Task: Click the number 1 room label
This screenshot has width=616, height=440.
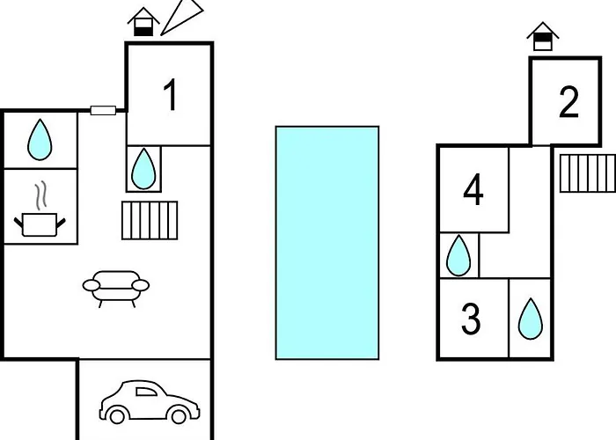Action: click(171, 95)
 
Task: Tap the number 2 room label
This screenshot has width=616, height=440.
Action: click(568, 102)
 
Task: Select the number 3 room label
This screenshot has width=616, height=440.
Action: click(471, 319)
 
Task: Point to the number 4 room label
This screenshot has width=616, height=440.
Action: click(473, 190)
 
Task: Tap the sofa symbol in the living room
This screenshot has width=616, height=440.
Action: click(116, 289)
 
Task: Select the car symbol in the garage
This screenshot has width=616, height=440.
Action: click(150, 402)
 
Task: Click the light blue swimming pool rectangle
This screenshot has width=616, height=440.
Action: click(327, 243)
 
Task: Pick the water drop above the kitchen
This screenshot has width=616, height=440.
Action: click(40, 140)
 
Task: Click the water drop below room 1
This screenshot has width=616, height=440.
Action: click(143, 169)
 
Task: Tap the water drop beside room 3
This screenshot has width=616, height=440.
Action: click(531, 319)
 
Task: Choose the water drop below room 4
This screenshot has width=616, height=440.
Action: click(458, 255)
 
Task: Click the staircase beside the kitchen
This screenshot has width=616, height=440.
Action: click(150, 220)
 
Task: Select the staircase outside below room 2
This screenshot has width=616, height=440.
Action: click(588, 173)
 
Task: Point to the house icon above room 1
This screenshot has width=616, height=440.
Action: click(143, 22)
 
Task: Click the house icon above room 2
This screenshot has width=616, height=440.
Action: click(543, 37)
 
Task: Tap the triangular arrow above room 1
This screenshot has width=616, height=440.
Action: click(182, 18)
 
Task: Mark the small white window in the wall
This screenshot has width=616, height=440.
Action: click(103, 110)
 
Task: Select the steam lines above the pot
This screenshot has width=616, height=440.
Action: click(40, 194)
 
